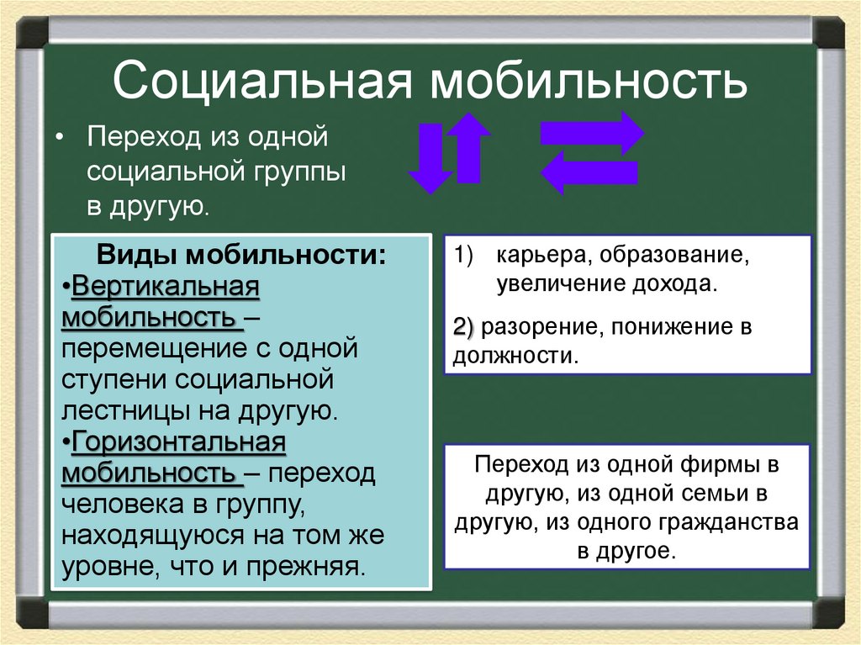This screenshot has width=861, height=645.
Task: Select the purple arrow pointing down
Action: (x=429, y=158)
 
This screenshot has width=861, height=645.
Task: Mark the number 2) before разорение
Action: (x=464, y=326)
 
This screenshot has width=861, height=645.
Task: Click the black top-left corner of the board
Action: (x=33, y=33)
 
